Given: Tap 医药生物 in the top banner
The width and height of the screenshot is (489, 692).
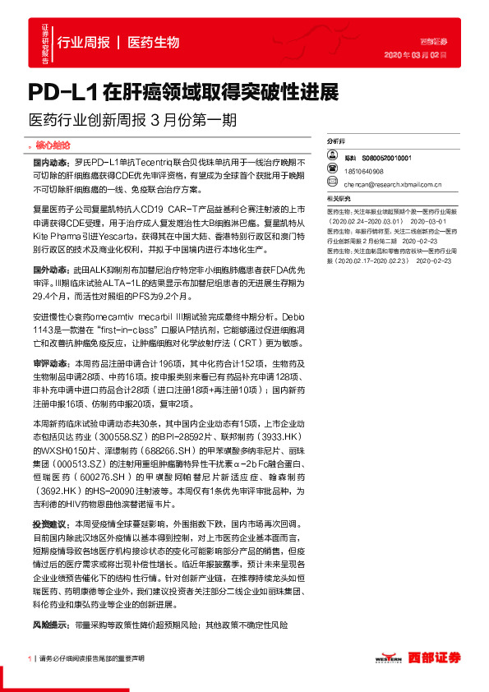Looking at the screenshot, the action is click(x=154, y=42).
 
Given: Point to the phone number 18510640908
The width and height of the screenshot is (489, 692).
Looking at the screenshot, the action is click(x=364, y=171).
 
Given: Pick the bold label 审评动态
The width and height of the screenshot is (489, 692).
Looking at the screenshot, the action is click(x=48, y=339).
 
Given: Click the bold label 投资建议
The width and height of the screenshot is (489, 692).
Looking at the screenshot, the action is click(x=48, y=523).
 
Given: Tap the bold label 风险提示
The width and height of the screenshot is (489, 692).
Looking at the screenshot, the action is click(x=48, y=603).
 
